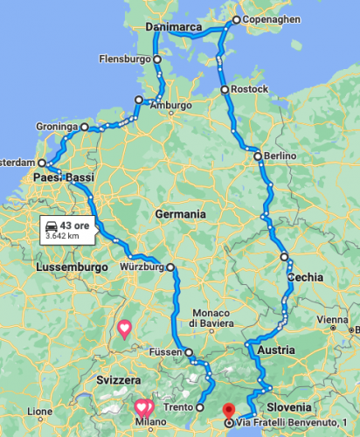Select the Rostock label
tap(251, 90)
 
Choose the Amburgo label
tap(170, 106)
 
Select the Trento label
tap(177, 407)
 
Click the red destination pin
tap(229, 408)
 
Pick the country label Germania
tap(180, 214)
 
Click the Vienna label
tap(334, 320)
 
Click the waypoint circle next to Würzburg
tap(170, 267)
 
